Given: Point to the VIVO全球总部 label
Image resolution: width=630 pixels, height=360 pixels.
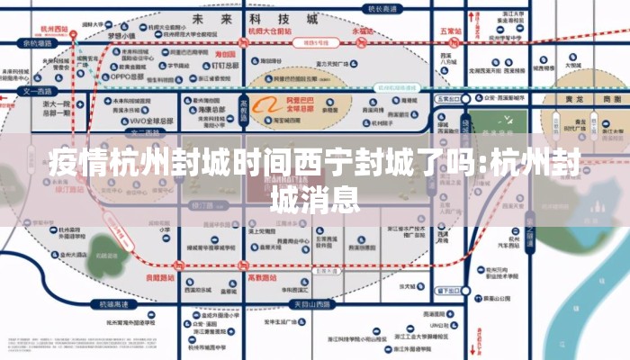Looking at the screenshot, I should click(148, 121).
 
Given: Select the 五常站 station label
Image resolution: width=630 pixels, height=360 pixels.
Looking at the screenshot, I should click(450, 30).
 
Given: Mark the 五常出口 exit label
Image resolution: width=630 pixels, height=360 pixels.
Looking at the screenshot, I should click(447, 98).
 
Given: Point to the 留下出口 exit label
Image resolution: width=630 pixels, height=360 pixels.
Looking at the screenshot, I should click(447, 291).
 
